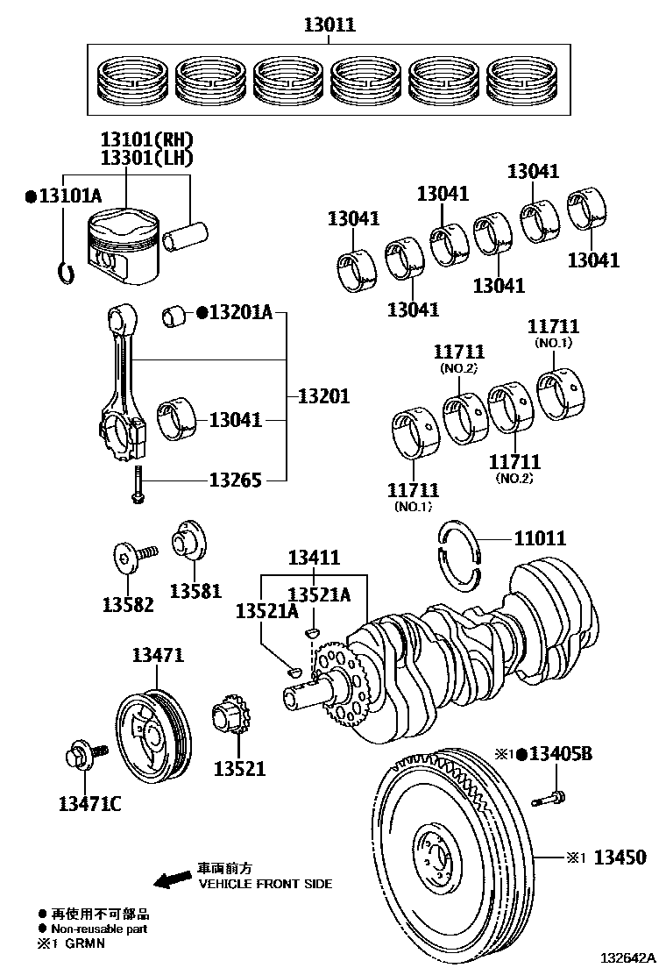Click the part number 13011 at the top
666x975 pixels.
[329, 25]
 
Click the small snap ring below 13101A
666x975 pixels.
[64, 273]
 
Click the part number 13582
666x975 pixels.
[128, 604]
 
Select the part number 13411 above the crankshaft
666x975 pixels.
[315, 559]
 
